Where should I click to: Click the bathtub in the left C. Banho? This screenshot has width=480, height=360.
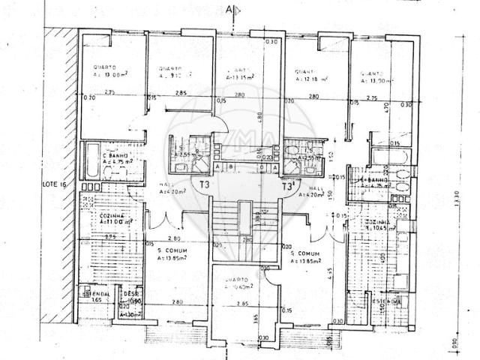point(91,159)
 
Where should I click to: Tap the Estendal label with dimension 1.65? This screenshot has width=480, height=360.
point(96,296)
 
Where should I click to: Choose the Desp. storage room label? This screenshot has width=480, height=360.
point(131,295)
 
